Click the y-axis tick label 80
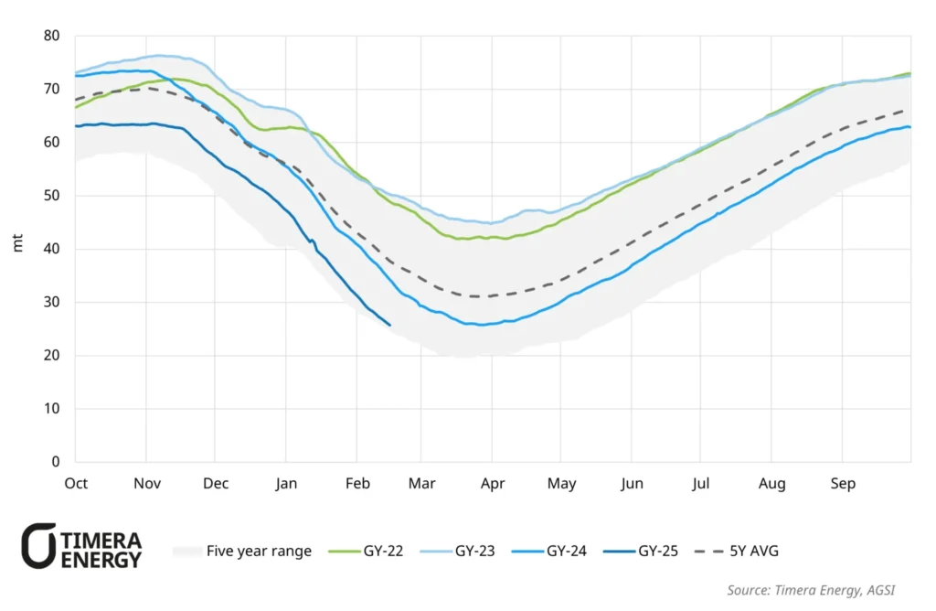tap(51, 37)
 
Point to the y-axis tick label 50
tap(51, 196)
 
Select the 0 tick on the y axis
tap(55, 462)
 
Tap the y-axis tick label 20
tap(51, 356)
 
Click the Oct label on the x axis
tap(76, 483)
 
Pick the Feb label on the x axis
tap(357, 483)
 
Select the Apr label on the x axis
tap(493, 483)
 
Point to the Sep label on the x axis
tap(842, 483)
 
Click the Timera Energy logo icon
tap(39, 546)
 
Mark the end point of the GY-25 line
tap(390, 325)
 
